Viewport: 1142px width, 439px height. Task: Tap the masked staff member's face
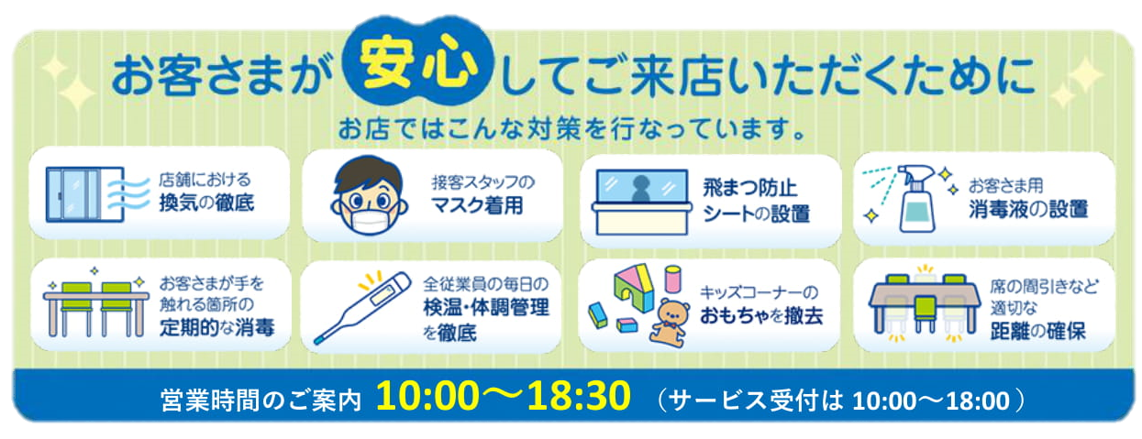click(370, 196)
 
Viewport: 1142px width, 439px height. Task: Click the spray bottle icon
click(916, 199)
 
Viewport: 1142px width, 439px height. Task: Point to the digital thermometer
click(362, 308)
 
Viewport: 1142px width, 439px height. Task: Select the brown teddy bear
click(670, 323)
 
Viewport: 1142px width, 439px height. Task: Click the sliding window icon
click(85, 194)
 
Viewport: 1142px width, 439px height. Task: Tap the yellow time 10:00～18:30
click(504, 395)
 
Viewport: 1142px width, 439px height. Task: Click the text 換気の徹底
click(206, 203)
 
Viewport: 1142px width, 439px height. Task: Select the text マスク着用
click(477, 205)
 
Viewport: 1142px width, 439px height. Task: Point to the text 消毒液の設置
click(1028, 209)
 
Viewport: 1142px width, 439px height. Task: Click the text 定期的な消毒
click(216, 327)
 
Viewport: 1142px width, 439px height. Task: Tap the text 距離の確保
click(1037, 331)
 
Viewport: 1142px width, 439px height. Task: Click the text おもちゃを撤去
click(761, 316)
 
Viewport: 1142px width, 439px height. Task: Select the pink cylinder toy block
click(672, 279)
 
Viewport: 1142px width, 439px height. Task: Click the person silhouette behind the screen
click(640, 188)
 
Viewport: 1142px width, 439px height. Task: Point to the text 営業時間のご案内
click(261, 401)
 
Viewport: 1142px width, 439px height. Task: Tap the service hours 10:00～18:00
click(931, 401)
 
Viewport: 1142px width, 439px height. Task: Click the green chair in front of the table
click(925, 313)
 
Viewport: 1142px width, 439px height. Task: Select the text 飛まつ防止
click(749, 188)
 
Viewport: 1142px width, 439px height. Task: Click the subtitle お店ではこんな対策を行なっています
click(571, 129)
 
